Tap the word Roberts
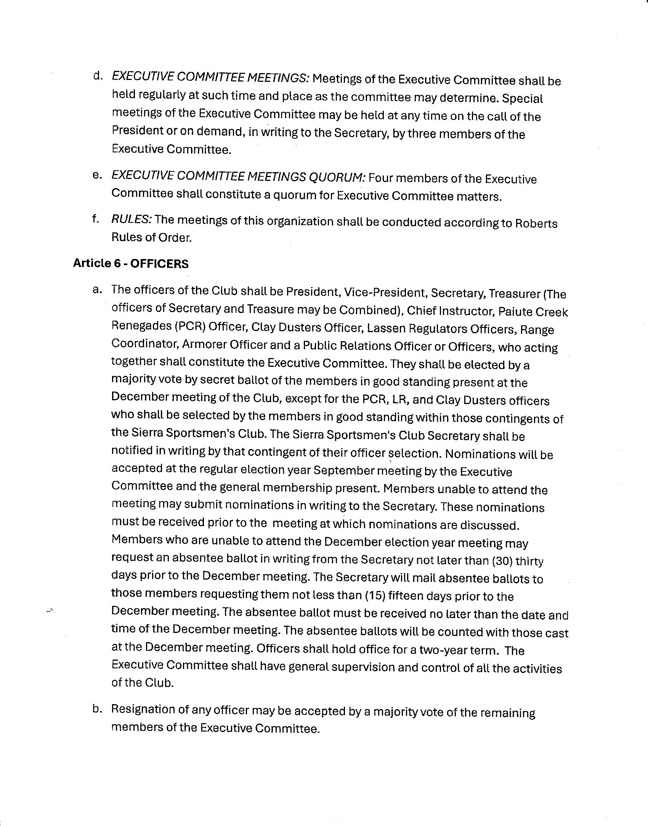[x=536, y=223]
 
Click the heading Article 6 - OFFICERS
[x=131, y=264]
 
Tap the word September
[x=343, y=470]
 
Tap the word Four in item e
[x=382, y=178]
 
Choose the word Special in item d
[x=522, y=99]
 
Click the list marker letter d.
[x=98, y=76]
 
